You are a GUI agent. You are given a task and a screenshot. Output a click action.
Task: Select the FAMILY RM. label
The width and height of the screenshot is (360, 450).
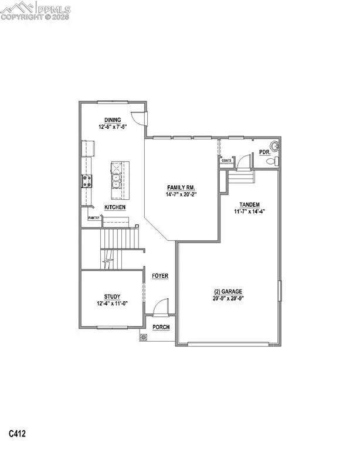[x=176, y=188]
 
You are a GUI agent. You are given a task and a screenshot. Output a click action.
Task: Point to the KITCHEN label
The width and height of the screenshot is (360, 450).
[x=114, y=207]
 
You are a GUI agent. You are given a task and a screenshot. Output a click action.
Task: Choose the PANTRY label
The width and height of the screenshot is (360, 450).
[x=93, y=218]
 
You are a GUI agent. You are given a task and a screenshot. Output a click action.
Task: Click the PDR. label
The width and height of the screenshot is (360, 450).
[x=264, y=153]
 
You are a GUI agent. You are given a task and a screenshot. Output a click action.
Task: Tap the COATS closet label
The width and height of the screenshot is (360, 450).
[x=226, y=159]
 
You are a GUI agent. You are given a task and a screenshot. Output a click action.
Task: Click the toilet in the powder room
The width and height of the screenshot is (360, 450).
[x=276, y=160]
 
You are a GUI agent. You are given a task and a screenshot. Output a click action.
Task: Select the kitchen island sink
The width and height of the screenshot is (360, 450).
[x=117, y=176]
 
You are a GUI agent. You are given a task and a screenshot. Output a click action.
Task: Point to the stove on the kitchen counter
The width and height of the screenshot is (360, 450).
[x=87, y=181]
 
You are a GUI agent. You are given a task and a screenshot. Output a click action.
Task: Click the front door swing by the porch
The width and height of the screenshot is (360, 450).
[x=161, y=308]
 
